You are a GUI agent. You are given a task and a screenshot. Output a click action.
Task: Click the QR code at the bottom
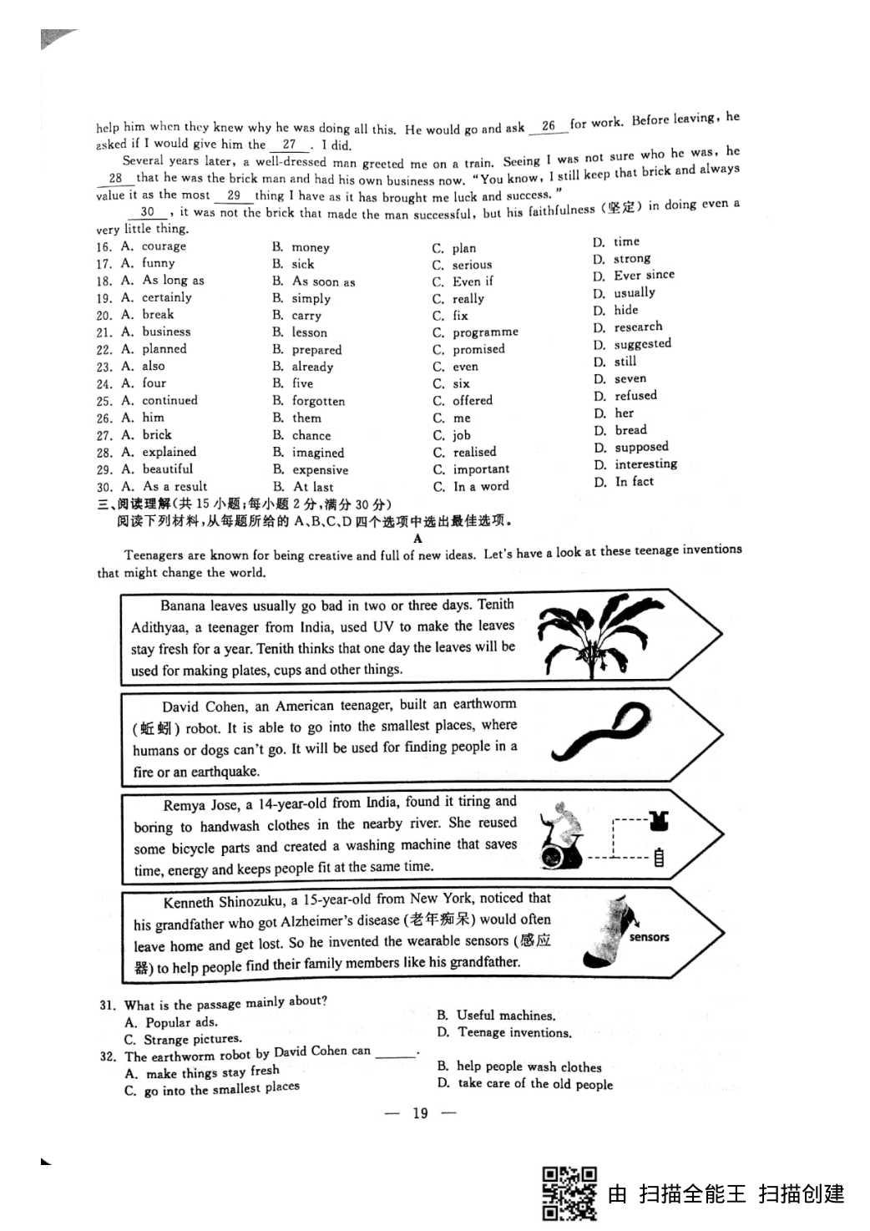pyautogui.click(x=569, y=1193)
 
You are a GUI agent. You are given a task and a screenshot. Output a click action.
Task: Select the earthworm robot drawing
pyautogui.click(x=601, y=732)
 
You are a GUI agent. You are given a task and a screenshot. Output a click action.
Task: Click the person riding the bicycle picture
pyautogui.click(x=560, y=836)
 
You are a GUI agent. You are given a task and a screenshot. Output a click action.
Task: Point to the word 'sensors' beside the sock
pyautogui.click(x=650, y=937)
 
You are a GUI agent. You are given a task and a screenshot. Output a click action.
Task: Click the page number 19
pyautogui.click(x=420, y=1112)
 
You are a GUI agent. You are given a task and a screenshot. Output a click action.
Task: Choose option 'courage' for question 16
pyautogui.click(x=164, y=246)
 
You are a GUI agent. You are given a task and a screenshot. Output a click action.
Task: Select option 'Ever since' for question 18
pyautogui.click(x=644, y=275)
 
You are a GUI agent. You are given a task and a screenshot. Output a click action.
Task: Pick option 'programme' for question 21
pyautogui.click(x=485, y=332)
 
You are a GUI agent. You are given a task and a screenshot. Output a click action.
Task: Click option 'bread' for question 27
pyautogui.click(x=630, y=430)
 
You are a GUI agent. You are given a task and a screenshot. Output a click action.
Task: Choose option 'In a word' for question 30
pyautogui.click(x=480, y=486)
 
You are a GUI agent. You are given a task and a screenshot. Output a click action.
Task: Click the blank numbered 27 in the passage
pyautogui.click(x=289, y=144)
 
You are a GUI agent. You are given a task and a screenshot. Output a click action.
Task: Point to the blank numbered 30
pyautogui.click(x=147, y=211)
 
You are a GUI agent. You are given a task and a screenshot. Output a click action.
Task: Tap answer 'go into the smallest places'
pyautogui.click(x=221, y=1089)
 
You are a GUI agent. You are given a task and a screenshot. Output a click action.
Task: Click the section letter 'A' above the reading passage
pyautogui.click(x=417, y=539)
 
